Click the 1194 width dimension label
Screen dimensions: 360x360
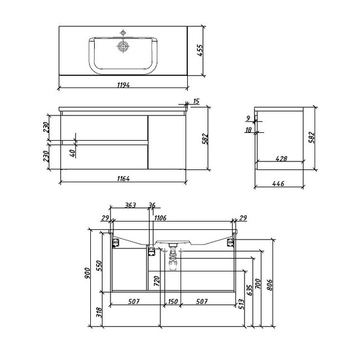(x=123, y=85)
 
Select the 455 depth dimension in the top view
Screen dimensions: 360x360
(x=200, y=50)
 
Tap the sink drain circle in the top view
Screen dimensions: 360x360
(x=123, y=47)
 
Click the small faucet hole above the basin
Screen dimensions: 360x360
(x=123, y=33)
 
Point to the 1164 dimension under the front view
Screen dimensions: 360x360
(x=123, y=178)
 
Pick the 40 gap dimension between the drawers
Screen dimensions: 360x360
(x=72, y=153)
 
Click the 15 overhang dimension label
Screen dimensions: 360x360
(x=196, y=101)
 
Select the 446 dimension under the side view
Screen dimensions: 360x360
(x=278, y=184)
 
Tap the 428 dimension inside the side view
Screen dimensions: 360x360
(x=281, y=159)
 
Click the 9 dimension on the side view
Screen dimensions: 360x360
(x=248, y=118)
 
